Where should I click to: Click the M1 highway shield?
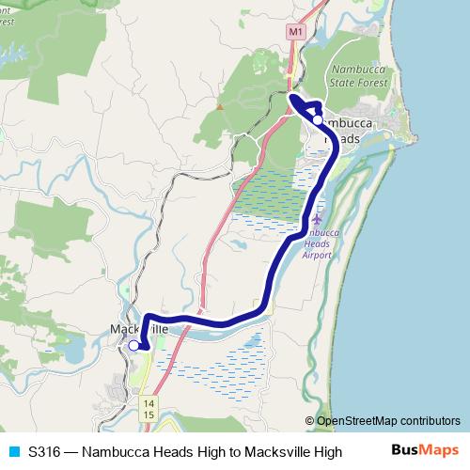click(x=297, y=32)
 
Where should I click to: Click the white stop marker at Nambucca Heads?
click(x=318, y=120)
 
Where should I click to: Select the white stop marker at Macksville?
click(x=133, y=346)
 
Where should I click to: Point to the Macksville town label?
click(x=138, y=330)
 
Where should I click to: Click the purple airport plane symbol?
click(x=316, y=219)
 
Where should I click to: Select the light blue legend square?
click(x=13, y=451)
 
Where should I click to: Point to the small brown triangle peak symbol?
click(x=220, y=106)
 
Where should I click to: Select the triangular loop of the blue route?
click(x=305, y=106)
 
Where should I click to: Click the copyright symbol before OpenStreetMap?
click(x=309, y=421)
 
